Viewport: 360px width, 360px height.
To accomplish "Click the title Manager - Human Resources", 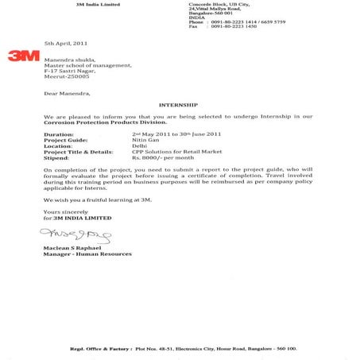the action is click(88, 254).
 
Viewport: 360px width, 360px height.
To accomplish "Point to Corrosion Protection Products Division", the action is click(105, 122).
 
